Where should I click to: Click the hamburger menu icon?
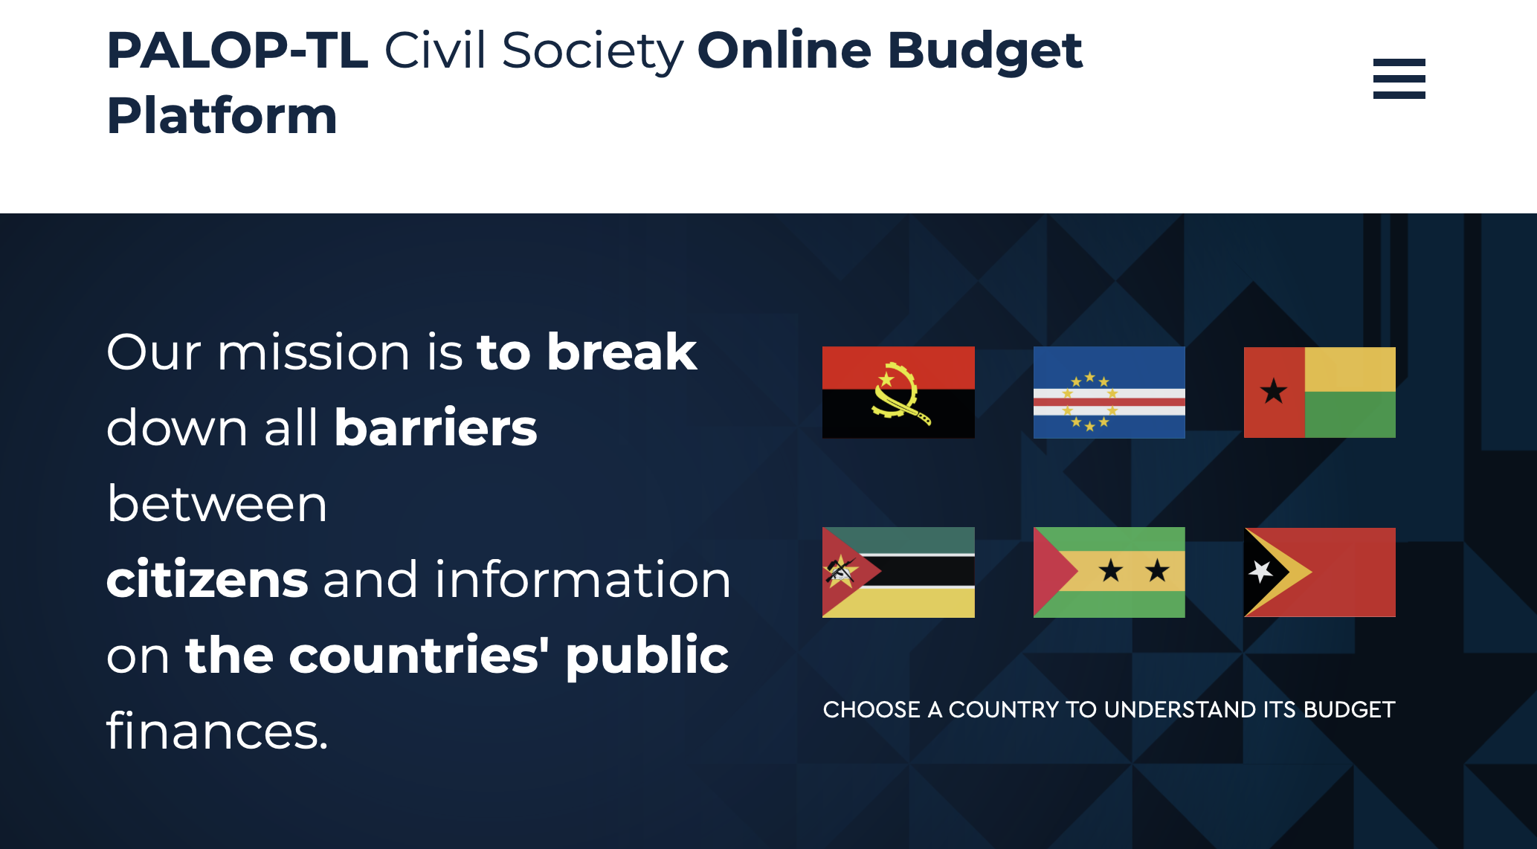(x=1399, y=78)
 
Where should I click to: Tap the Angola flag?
(x=898, y=392)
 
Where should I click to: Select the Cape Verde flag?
(x=1109, y=392)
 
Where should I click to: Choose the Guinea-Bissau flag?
(x=1320, y=392)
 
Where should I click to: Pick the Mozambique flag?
(x=898, y=572)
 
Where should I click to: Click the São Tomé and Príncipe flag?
(x=1109, y=572)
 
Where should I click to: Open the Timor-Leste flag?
(x=1320, y=572)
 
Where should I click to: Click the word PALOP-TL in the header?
(x=238, y=51)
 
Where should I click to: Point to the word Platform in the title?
(x=222, y=116)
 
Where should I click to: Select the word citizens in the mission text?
(x=207, y=579)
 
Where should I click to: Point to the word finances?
(x=217, y=730)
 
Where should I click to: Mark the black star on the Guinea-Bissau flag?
(x=1274, y=390)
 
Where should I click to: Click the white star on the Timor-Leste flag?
(x=1261, y=572)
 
